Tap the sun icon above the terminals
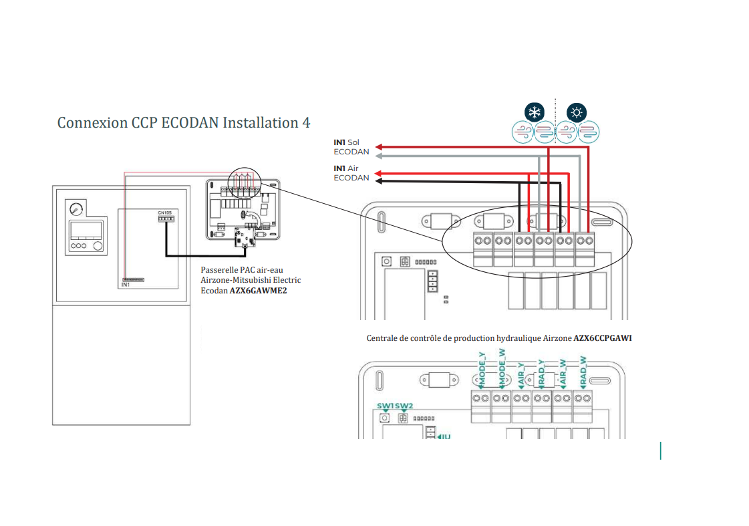[x=577, y=112]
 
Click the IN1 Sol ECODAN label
[x=351, y=147]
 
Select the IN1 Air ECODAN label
[x=351, y=173]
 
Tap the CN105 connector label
[x=164, y=213]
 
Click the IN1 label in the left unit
[x=125, y=285]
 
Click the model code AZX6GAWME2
[x=259, y=291]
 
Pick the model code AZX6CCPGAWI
[x=603, y=338]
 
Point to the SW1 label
[x=385, y=406]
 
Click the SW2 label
[x=404, y=406]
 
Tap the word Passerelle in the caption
[x=218, y=269]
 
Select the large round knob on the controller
[x=99, y=246]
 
